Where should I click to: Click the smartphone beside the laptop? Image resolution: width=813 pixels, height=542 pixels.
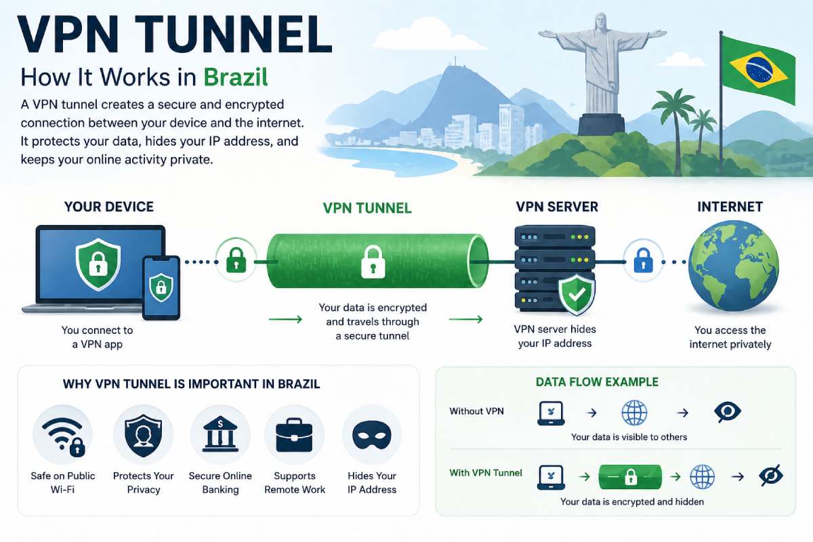161,287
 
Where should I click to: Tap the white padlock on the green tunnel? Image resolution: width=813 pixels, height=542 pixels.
373,262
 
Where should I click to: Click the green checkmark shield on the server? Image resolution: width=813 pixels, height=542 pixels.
576,295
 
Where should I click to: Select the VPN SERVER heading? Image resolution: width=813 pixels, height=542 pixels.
557,207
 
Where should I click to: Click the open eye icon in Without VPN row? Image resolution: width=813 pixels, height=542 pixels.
728,411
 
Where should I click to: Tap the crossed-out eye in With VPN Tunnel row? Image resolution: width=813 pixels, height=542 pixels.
770,476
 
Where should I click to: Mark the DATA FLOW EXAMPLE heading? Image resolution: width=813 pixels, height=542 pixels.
597,382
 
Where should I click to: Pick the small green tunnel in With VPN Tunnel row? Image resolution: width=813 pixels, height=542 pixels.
630,477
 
